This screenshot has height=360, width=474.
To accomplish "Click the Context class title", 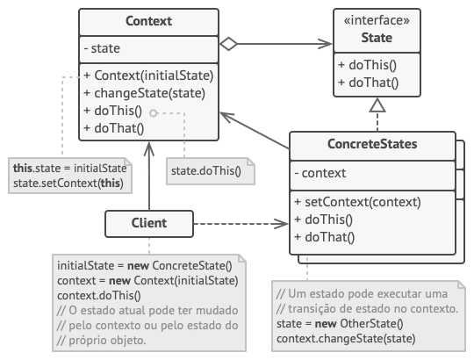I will click(149, 19).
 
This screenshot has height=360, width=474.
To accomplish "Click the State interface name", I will click(376, 38).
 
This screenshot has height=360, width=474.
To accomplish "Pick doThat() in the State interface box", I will click(367, 84).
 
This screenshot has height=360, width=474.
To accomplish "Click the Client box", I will click(148, 224).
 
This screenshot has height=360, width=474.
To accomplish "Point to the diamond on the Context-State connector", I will click(230, 42).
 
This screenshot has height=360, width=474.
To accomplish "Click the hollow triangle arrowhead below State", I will click(376, 104).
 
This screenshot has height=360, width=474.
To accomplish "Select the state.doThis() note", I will click(205, 169).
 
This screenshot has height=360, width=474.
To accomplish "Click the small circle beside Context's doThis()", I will click(154, 112).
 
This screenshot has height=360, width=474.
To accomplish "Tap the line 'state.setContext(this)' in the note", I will click(68, 183).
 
